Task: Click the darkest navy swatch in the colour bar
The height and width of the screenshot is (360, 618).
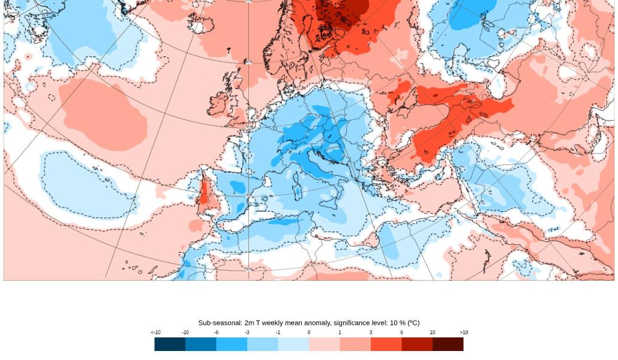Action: pos(170,344)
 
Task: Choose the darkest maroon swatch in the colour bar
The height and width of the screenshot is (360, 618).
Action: pos(448,344)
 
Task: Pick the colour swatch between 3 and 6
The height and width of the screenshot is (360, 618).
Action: pos(386,344)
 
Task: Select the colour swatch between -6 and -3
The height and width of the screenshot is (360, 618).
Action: pos(232,344)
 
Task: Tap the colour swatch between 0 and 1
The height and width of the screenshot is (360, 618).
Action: pos(324,344)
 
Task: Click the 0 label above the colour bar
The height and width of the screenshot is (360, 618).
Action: pos(309,332)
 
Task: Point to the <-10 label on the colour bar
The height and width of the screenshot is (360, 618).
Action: pos(155,332)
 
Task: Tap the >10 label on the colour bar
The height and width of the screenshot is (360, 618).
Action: pos(464,332)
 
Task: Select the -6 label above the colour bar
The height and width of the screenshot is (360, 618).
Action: pos(216,332)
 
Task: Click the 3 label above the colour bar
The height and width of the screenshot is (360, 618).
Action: pos(370,332)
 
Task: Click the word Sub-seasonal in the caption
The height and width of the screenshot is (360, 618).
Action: pos(220,323)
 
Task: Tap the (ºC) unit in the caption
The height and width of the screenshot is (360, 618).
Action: pos(413,323)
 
